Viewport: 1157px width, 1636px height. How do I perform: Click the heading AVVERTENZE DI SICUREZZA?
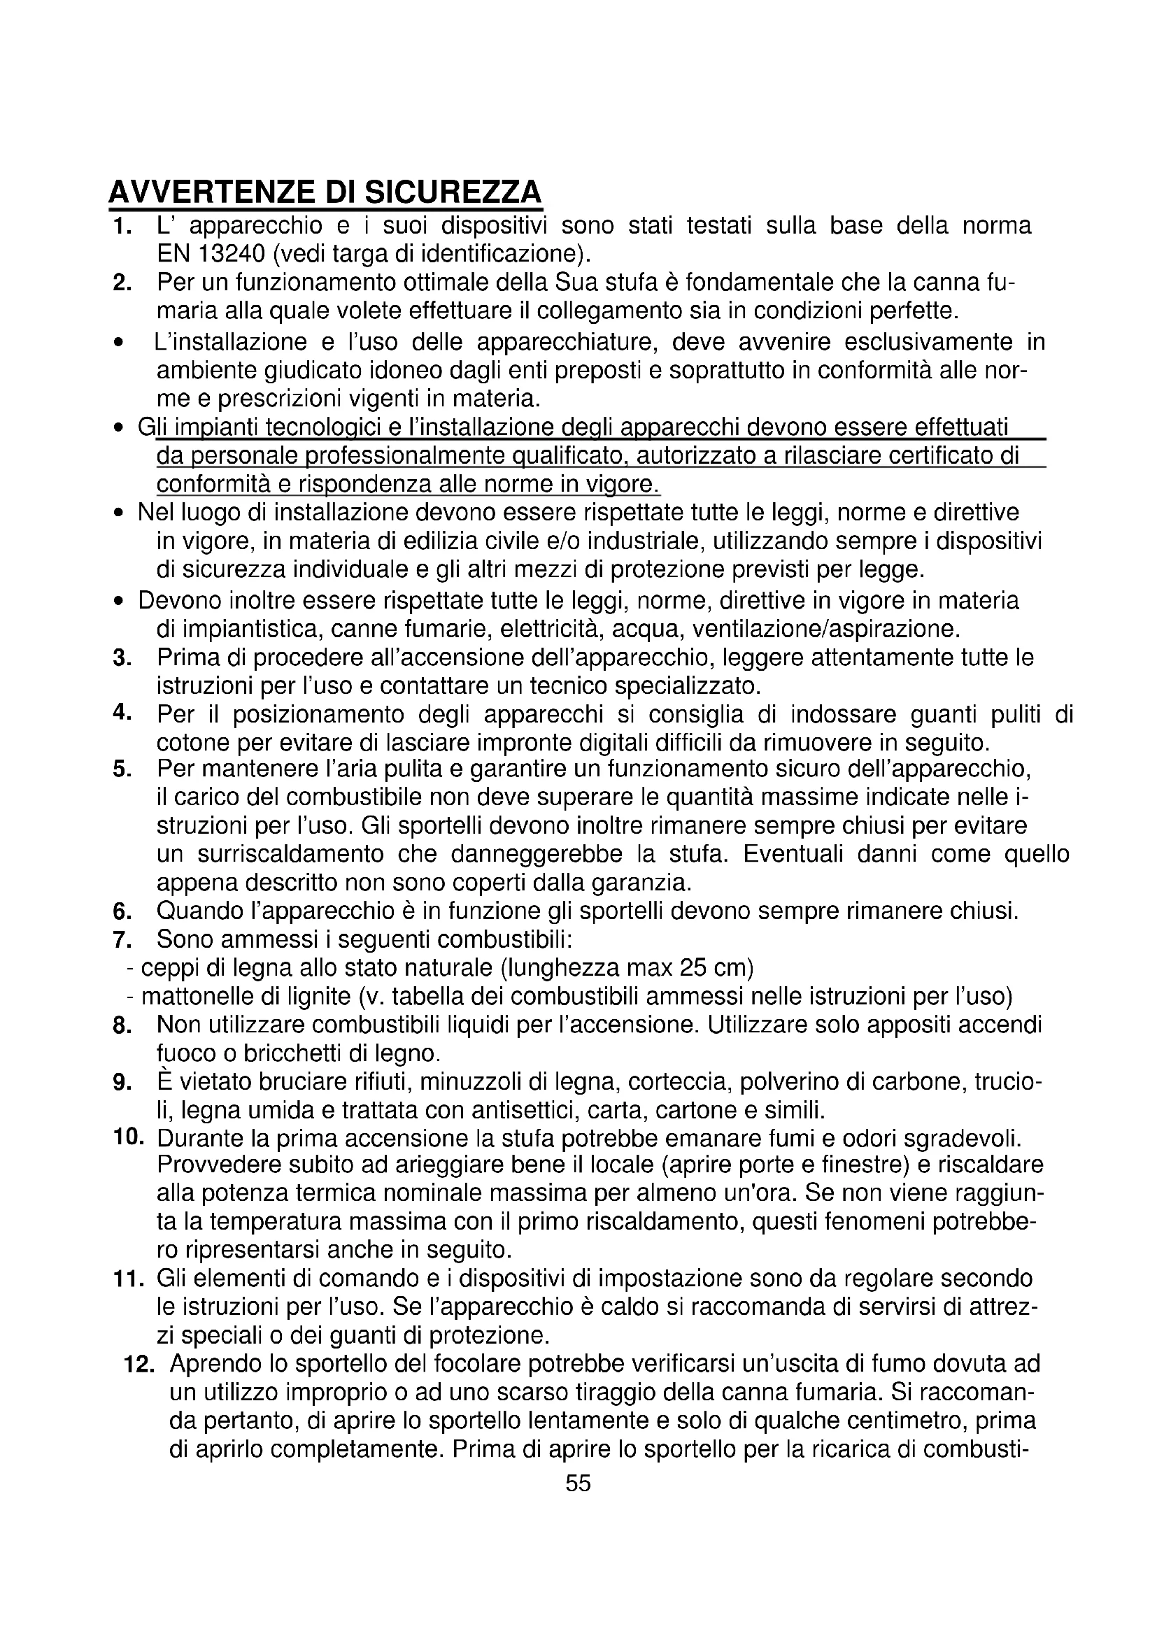point(325,192)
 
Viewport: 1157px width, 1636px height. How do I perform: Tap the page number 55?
point(578,1483)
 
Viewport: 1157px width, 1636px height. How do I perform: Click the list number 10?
point(128,1137)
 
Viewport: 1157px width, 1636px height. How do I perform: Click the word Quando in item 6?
point(195,911)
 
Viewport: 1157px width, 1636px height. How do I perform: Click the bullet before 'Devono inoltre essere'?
point(119,602)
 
